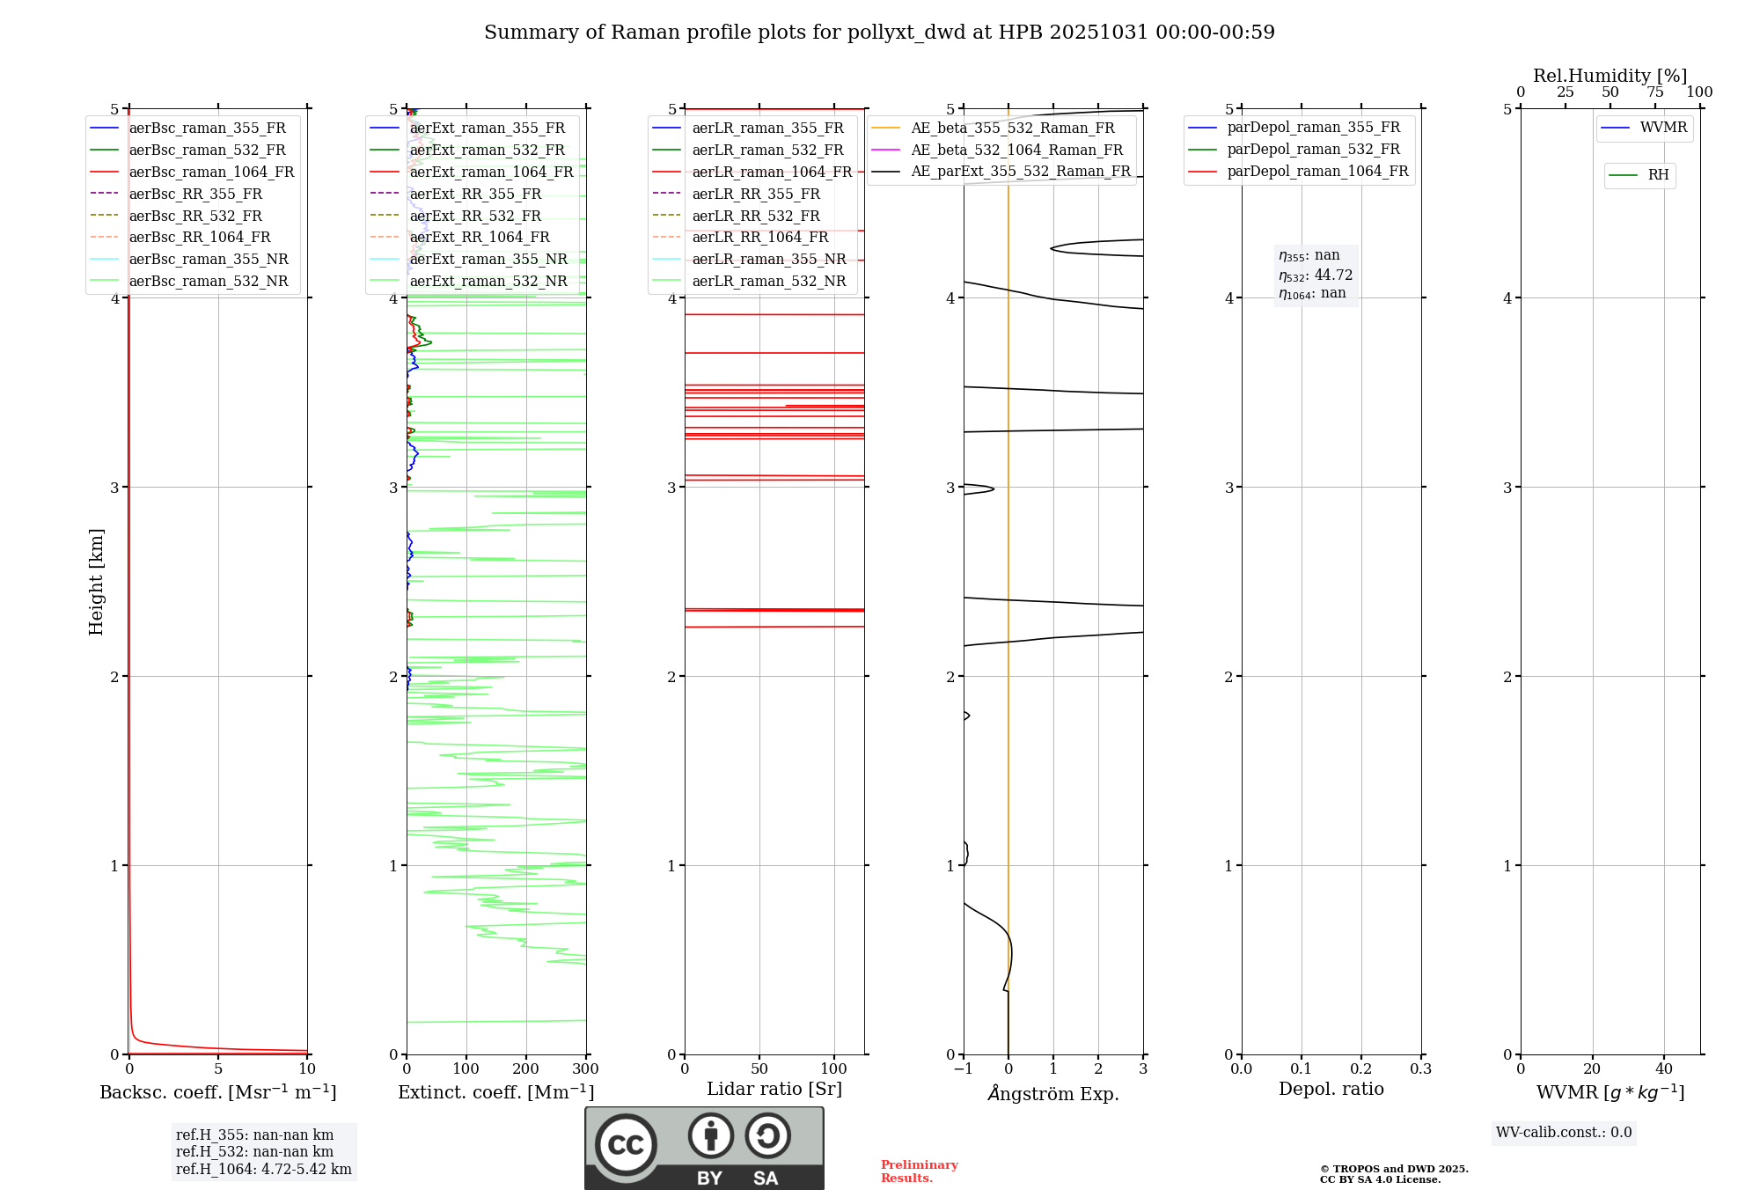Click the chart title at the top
[879, 33]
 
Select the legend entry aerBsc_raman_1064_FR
[211, 172]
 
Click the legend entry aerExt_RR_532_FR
[475, 216]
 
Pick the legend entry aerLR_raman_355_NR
[768, 259]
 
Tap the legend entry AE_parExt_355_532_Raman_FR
[1020, 171]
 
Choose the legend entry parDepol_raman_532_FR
[1313, 149]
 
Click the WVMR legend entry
[1663, 128]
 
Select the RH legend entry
[1658, 175]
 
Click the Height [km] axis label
[96, 582]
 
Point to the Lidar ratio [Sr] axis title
[774, 1089]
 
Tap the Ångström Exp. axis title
[1053, 1093]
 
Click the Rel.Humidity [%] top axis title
[1610, 76]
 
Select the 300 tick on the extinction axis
[585, 1069]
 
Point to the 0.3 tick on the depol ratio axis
[1420, 1069]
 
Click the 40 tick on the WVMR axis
[1663, 1069]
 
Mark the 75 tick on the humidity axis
[1654, 92]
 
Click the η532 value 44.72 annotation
[1316, 275]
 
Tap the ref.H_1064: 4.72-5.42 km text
[263, 1169]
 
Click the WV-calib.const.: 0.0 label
[1564, 1133]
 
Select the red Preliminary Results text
[919, 1171]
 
